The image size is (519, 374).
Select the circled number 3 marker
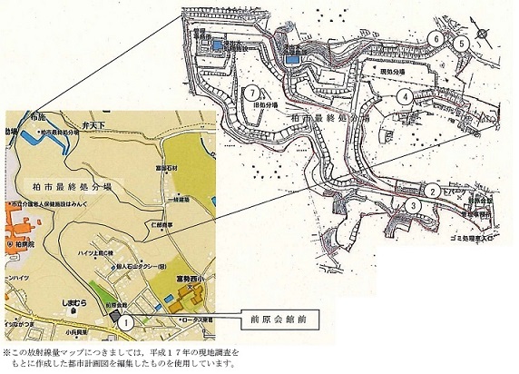pyautogui.click(x=413, y=206)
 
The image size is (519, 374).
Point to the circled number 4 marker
pyautogui.click(x=398, y=93)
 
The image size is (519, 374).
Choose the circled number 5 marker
pyautogui.click(x=461, y=42)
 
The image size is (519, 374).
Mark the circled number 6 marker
pyautogui.click(x=436, y=39)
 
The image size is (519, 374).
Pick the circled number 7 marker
pyautogui.click(x=250, y=91)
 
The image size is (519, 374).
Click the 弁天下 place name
pyautogui.click(x=95, y=118)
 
